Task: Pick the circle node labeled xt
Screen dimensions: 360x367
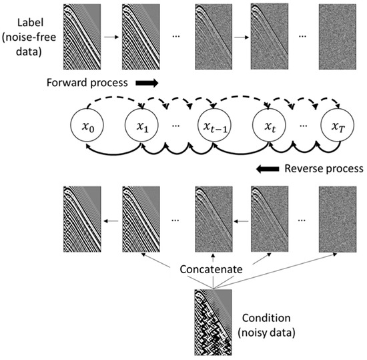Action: coord(270,125)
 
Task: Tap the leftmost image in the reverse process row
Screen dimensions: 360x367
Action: coord(83,221)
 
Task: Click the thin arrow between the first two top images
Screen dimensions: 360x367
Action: coord(113,38)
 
